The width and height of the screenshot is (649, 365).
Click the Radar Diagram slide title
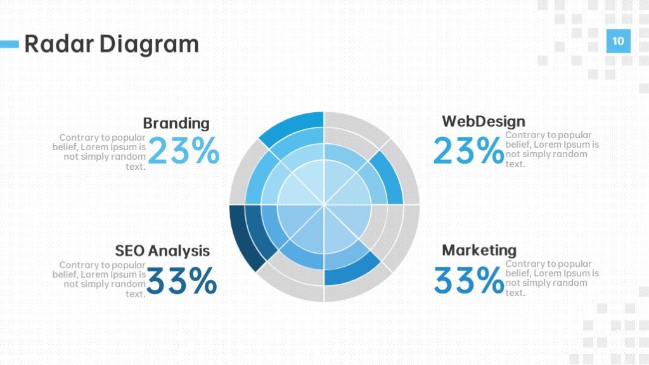pyautogui.click(x=112, y=44)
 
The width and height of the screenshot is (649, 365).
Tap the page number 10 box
pyautogui.click(x=619, y=41)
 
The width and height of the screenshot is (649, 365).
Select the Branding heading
pyautogui.click(x=176, y=124)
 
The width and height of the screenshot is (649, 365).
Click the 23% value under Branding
pyautogui.click(x=183, y=151)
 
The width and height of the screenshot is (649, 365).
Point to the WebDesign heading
pyautogui.click(x=484, y=121)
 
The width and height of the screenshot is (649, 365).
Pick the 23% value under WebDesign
pyautogui.click(x=468, y=150)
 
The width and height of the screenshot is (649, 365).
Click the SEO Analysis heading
pyautogui.click(x=162, y=251)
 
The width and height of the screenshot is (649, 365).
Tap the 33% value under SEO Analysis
pyautogui.click(x=182, y=280)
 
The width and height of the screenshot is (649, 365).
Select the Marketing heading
pyautogui.click(x=479, y=250)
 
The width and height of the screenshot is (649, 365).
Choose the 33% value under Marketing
pyautogui.click(x=469, y=279)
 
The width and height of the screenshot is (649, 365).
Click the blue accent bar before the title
pyautogui.click(x=10, y=44)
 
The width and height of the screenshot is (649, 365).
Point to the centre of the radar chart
pyautogui.click(x=324, y=205)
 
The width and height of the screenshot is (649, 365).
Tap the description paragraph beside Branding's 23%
pyautogui.click(x=99, y=152)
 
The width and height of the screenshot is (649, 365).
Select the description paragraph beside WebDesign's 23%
pyautogui.click(x=552, y=150)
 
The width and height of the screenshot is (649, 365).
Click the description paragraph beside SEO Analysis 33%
pyautogui.click(x=99, y=279)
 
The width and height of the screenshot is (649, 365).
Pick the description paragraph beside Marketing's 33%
pyautogui.click(x=552, y=278)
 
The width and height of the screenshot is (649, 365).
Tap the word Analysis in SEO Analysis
pyautogui.click(x=179, y=251)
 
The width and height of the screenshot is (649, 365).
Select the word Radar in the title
pyautogui.click(x=59, y=44)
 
